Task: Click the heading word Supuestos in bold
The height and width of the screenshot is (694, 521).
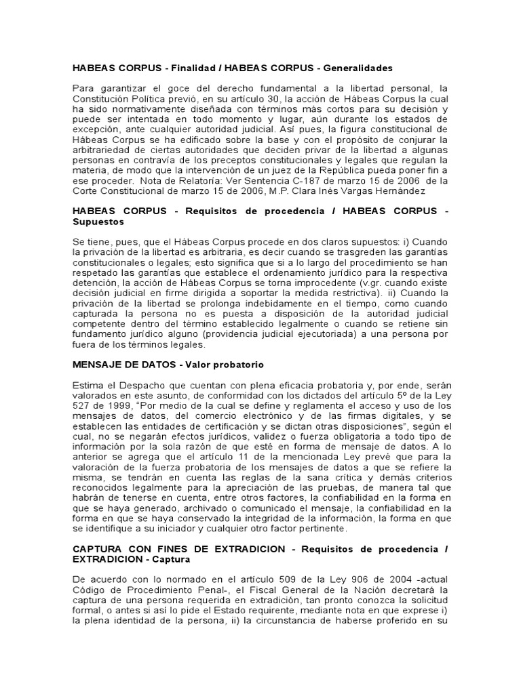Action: point(98,222)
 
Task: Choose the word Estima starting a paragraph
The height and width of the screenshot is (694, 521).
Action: point(88,386)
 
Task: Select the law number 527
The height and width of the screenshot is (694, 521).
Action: point(82,406)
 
